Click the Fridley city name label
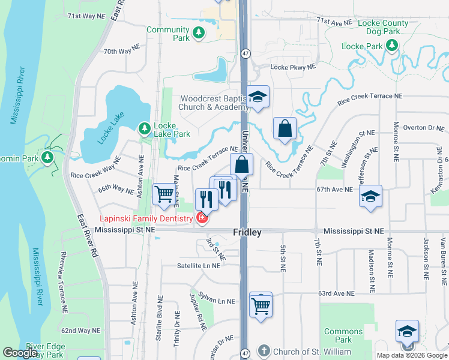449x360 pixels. point(247,232)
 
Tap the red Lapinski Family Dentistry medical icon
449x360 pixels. point(202,217)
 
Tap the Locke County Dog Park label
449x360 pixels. point(382,27)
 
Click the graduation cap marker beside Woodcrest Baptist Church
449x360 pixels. point(258,97)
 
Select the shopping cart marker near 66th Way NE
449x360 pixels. point(164,194)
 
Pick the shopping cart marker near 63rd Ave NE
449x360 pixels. point(261,305)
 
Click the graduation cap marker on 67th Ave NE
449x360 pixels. point(370,196)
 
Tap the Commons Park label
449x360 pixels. point(343,335)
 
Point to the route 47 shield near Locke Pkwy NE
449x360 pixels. point(246,54)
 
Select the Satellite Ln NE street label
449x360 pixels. point(200,265)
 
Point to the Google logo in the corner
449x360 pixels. point(19,353)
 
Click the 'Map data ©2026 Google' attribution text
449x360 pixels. point(412,355)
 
